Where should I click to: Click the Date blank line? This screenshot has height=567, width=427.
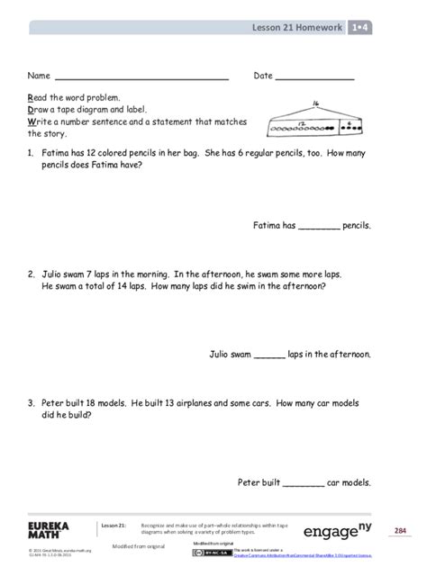[x=314, y=78]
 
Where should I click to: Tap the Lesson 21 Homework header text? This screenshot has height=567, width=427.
[x=297, y=28]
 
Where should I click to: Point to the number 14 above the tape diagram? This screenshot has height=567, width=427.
[x=315, y=104]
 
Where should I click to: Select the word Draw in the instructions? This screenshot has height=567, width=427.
[x=38, y=108]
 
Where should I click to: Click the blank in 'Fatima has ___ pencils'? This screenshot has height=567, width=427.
[x=319, y=227]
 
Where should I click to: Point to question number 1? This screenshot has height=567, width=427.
[x=31, y=155]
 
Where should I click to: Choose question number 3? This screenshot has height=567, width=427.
[x=31, y=403]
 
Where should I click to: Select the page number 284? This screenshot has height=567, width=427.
[x=398, y=530]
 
